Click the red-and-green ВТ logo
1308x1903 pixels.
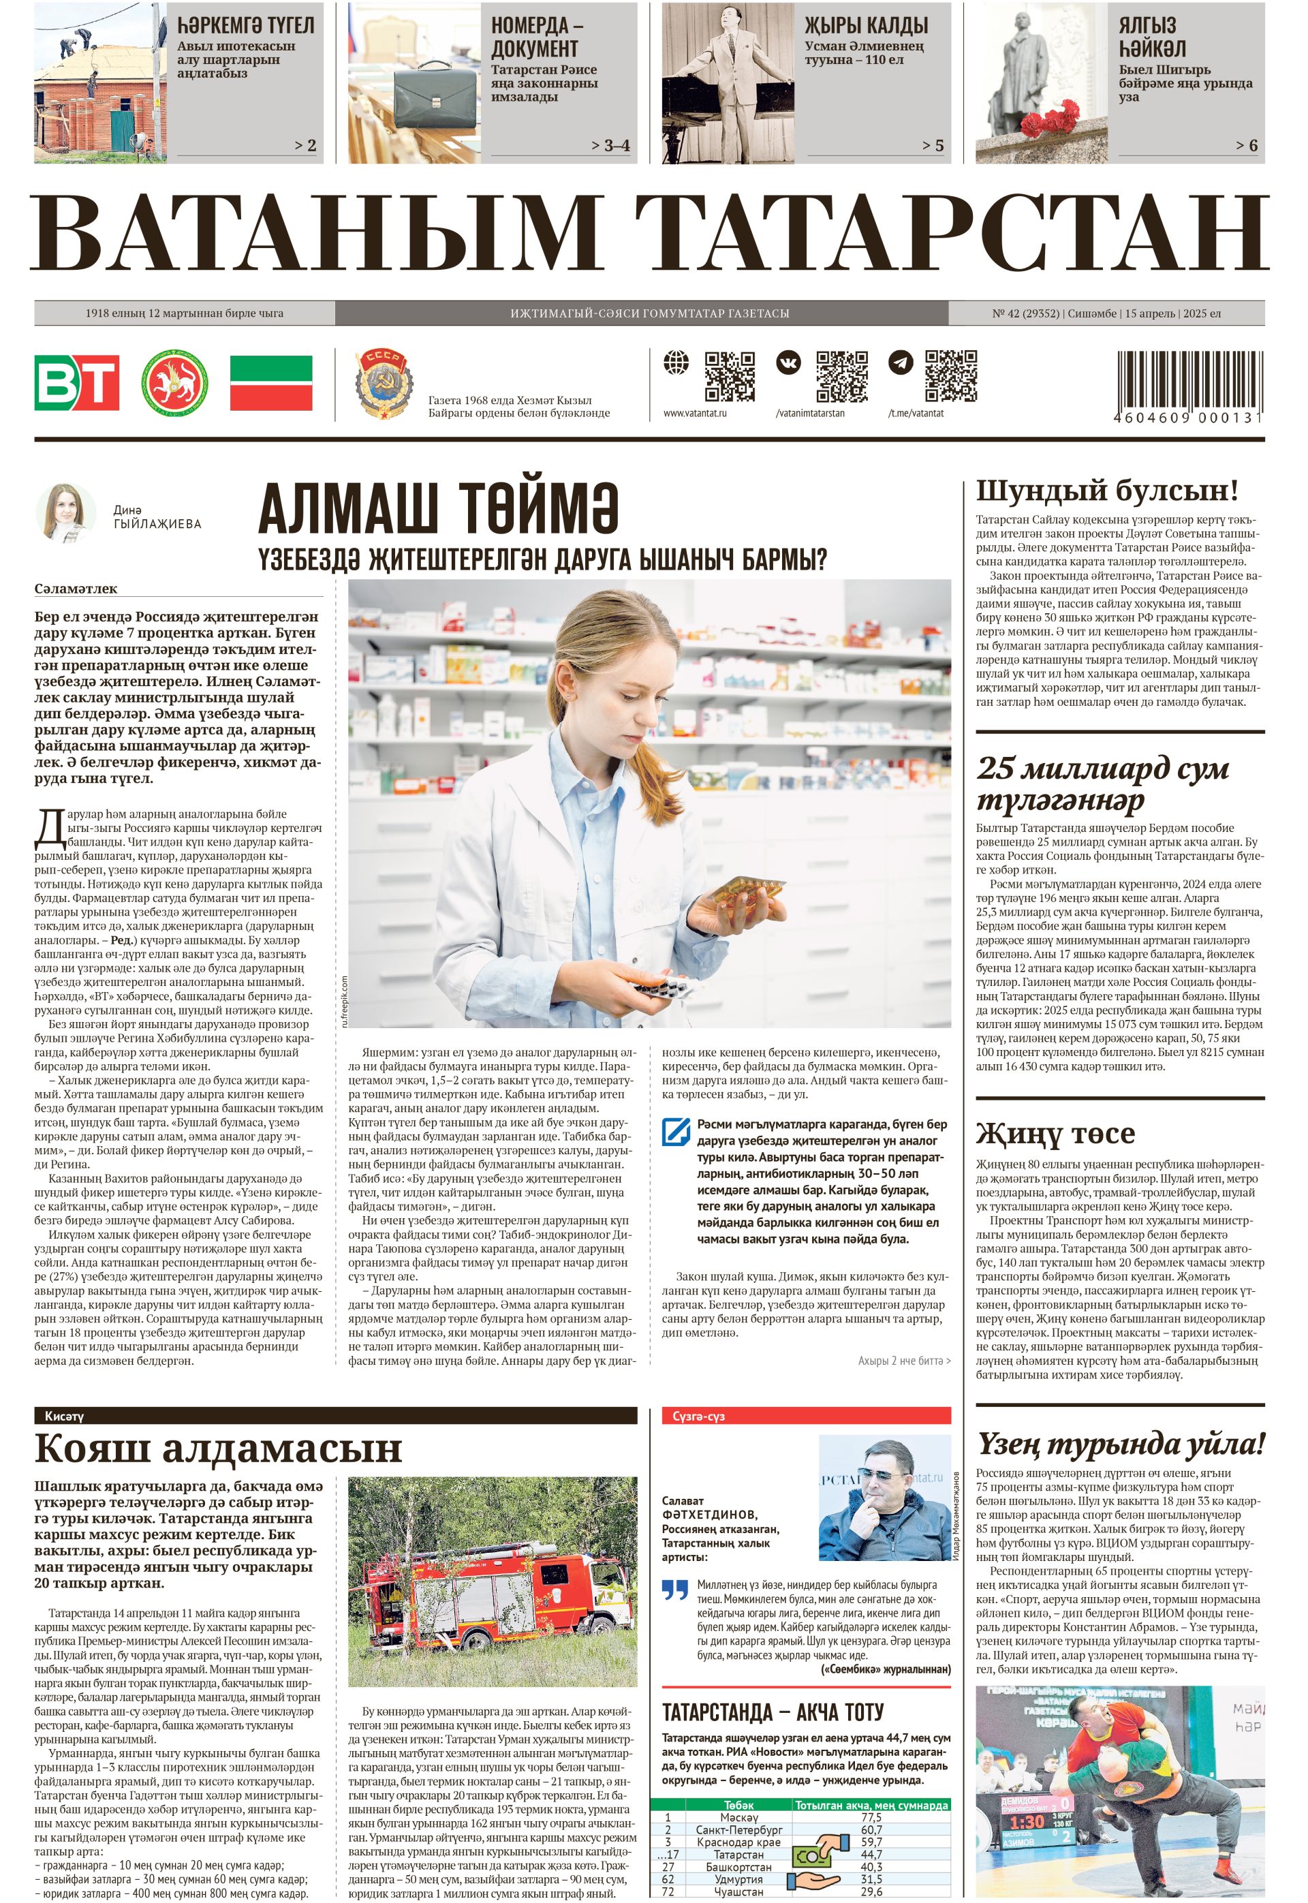click(x=76, y=382)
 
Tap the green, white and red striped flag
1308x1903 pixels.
click(x=270, y=382)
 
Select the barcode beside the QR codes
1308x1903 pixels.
click(x=1190, y=380)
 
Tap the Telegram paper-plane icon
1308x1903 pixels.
click(x=901, y=362)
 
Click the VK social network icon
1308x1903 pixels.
click(x=789, y=362)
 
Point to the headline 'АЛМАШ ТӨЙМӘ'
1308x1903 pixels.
click(x=439, y=508)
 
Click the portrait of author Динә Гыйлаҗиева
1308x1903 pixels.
click(x=66, y=514)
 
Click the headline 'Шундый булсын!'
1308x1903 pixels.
click(x=1106, y=491)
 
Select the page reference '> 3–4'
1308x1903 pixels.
click(x=610, y=146)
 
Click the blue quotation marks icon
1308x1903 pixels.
click(x=674, y=1591)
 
